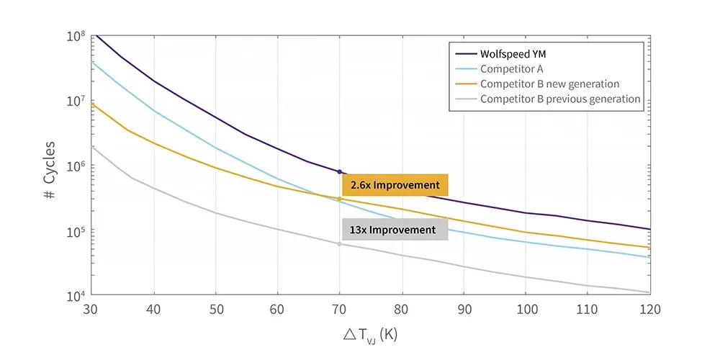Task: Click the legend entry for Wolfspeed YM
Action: coord(514,53)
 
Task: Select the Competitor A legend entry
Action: coord(512,68)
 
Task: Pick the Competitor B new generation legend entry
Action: coord(549,84)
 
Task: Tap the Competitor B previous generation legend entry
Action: coord(560,99)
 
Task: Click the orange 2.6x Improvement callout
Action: coord(395,185)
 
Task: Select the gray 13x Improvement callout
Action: coord(395,230)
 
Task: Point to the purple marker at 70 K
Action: coord(339,171)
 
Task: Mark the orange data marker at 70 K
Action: coord(339,199)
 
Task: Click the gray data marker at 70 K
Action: coord(339,244)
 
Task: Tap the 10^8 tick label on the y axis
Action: coord(76,36)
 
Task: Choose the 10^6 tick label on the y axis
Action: coord(76,166)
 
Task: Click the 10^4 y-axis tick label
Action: coord(76,297)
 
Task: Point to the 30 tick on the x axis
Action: coord(91,310)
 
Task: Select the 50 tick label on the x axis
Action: coord(215,310)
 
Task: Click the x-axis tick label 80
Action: coord(401,310)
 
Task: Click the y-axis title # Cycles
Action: coord(48,165)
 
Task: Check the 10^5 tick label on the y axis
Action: coord(76,232)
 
